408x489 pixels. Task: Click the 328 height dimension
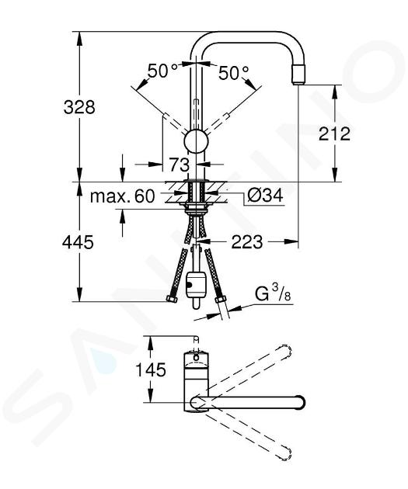[79, 107]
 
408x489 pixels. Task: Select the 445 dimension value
[78, 242]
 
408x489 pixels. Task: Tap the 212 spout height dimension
[334, 134]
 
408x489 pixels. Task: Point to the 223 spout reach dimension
[247, 241]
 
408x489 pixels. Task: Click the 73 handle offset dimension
[180, 165]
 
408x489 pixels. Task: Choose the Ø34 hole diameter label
[265, 196]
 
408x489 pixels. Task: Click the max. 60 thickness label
[122, 196]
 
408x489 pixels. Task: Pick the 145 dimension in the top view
[151, 370]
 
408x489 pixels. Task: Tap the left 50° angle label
[162, 71]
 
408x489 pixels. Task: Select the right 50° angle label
[233, 73]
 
